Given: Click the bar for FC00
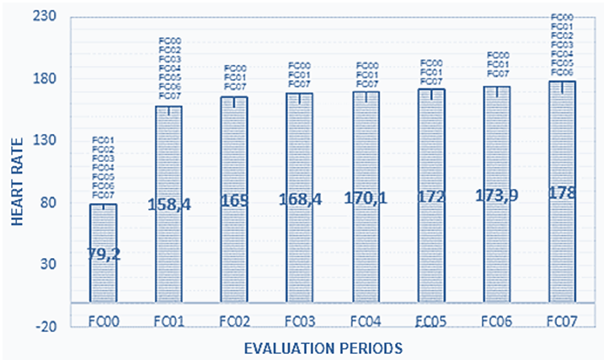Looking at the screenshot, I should pyautogui.click(x=103, y=253).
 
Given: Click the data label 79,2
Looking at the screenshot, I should pyautogui.click(x=104, y=254).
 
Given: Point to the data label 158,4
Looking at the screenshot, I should pyautogui.click(x=168, y=203).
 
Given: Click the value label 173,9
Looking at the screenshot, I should pyautogui.click(x=497, y=196).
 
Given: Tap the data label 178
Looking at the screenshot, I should pyautogui.click(x=562, y=193).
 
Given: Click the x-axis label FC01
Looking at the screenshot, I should pyautogui.click(x=168, y=321).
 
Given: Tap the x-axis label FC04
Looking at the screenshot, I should pyautogui.click(x=366, y=321).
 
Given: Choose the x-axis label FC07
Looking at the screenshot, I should pyautogui.click(x=562, y=321).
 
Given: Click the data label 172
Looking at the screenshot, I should pyautogui.click(x=431, y=199).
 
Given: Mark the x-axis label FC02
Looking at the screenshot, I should pyautogui.click(x=234, y=321).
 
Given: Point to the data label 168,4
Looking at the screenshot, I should pyautogui.click(x=300, y=201).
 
